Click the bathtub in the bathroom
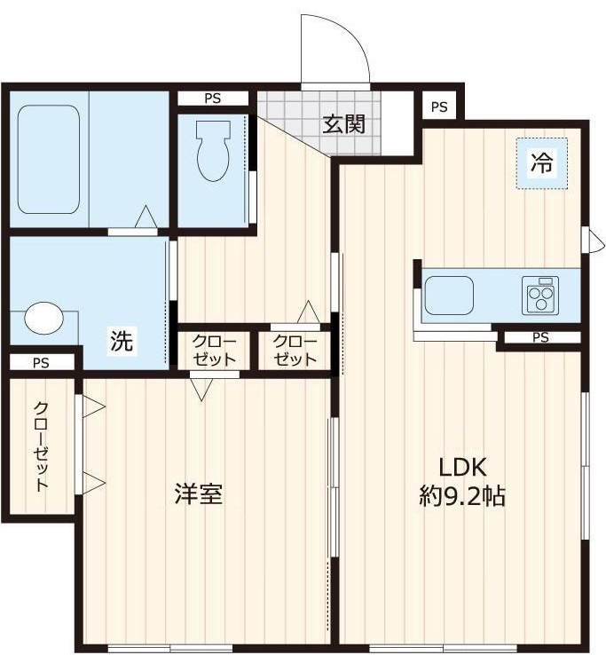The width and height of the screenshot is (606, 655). [x=49, y=160]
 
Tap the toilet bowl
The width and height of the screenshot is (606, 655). [x=213, y=152]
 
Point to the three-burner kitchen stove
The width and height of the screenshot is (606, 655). [x=539, y=295]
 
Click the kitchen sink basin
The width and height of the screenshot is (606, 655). [x=448, y=295]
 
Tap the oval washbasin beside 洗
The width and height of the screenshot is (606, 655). [x=43, y=319]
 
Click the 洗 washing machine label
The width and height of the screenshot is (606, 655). [x=122, y=340]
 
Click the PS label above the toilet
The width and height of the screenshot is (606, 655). [x=213, y=99]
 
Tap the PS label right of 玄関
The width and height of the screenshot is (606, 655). [x=439, y=107]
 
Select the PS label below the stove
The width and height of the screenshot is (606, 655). [x=540, y=337]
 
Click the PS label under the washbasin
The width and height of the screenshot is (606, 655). [x=41, y=362]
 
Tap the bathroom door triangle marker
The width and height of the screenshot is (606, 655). [x=146, y=217]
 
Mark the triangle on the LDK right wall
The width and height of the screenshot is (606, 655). [x=586, y=238]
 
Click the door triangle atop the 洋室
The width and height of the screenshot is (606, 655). [x=202, y=388]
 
